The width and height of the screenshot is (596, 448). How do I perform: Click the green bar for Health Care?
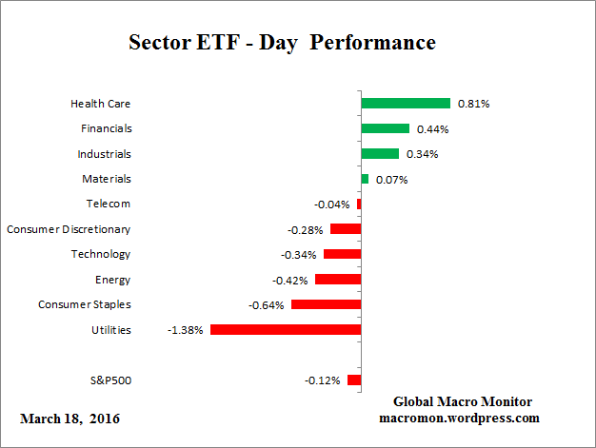coord(405,103)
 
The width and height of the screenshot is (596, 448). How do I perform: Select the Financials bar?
coord(385,128)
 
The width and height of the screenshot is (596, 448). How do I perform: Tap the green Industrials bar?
coord(380,153)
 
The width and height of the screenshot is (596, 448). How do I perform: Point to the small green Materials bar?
coord(365,179)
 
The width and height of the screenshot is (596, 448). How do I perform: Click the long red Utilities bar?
coord(286,329)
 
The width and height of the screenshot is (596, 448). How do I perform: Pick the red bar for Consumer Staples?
coord(326,304)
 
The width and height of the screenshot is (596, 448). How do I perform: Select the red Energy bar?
coord(338,280)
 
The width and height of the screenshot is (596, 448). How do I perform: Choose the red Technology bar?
coord(342,254)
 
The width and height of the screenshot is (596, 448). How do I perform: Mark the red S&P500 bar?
coord(354,380)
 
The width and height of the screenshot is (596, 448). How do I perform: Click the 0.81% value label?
coord(473,103)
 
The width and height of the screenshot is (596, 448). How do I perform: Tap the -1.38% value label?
coord(185,330)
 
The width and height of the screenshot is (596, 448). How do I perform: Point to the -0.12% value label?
coord(323,380)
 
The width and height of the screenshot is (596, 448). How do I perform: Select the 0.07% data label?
coord(391,179)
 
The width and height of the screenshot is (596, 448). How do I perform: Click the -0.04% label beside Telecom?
coord(332,205)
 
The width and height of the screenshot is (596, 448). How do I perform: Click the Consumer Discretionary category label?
coord(69,229)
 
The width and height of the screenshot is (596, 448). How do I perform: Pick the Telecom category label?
coord(108,204)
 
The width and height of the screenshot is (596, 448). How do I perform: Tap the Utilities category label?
coord(109,330)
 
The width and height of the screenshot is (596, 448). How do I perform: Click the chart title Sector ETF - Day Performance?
coord(282,43)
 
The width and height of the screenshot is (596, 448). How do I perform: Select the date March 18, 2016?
coord(70,419)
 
